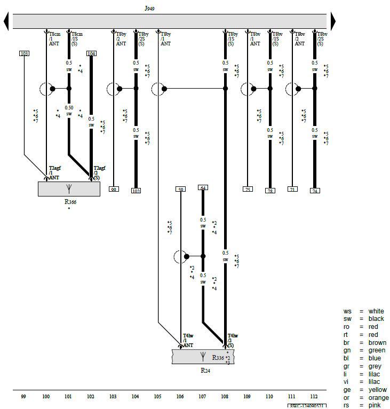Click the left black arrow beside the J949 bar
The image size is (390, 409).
pos(6,21)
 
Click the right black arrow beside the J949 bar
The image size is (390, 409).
pos(333,21)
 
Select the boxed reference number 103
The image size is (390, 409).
pos(24,53)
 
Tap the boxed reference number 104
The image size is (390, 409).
pos(91,53)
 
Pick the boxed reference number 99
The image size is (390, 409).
pos(114,189)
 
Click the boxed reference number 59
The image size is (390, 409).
pos(180,189)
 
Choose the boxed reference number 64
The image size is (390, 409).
pos(203,187)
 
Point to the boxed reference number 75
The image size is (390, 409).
pos(248,189)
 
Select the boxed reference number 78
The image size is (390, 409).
pos(270,191)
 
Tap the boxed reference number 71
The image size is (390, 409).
pos(292,189)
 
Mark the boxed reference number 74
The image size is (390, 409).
pos(315,191)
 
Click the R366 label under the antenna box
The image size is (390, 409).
pos(69,202)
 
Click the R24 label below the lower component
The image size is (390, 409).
pos(205,370)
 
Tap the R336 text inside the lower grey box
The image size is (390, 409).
pos(218,358)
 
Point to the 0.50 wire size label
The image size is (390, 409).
pos(69,107)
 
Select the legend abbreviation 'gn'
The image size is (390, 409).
pos(347,350)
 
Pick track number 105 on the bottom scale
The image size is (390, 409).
pos(158,397)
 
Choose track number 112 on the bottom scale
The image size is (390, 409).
pos(314,397)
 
